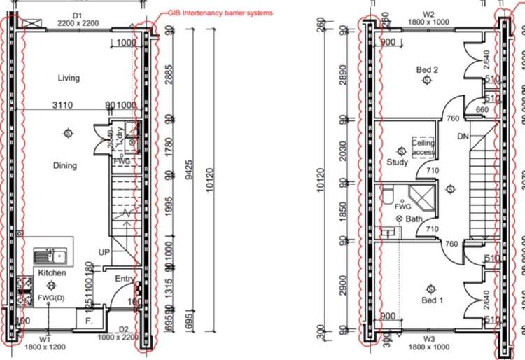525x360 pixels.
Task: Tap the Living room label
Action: (x=69, y=78)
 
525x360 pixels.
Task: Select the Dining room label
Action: (x=64, y=166)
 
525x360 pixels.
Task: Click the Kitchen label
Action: (x=52, y=272)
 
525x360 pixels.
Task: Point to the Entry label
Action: (x=125, y=279)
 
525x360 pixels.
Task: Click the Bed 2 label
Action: (x=427, y=69)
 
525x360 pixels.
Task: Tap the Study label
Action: (x=397, y=162)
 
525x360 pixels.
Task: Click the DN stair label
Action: (x=462, y=136)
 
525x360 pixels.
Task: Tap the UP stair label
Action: (x=104, y=251)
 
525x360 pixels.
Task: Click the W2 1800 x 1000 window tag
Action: (x=428, y=18)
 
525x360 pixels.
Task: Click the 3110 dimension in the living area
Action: (x=64, y=105)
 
